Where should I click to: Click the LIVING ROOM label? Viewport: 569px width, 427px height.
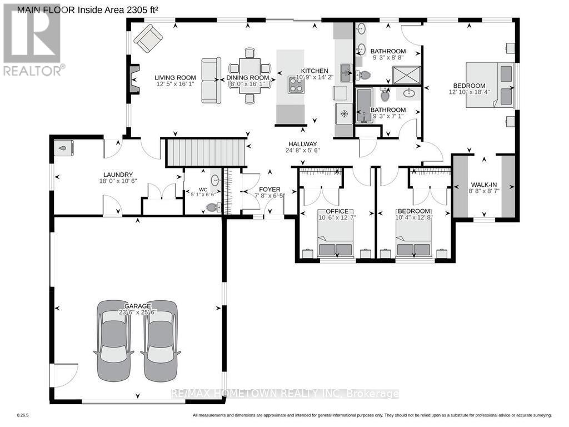pos(175,77)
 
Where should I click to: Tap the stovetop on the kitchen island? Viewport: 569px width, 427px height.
pos(296,85)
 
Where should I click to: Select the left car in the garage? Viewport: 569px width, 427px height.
pos(113,341)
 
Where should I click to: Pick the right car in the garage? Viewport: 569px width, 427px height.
pos(161,341)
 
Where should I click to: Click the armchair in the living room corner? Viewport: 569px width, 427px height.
pos(148,38)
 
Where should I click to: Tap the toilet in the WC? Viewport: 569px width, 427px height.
pos(213,207)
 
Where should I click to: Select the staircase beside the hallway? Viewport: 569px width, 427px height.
pos(206,153)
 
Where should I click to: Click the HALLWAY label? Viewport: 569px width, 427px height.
pos(303,144)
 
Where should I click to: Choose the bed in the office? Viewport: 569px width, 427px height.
pos(335,232)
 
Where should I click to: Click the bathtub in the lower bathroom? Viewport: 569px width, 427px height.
pos(364,105)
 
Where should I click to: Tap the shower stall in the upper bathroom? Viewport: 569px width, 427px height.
pos(406,75)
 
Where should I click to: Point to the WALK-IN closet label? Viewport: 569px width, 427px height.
pos(485,185)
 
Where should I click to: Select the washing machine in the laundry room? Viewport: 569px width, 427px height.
pos(64,148)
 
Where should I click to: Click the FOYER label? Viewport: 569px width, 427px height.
pos(269,189)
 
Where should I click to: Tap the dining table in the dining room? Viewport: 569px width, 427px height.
pos(249,76)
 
